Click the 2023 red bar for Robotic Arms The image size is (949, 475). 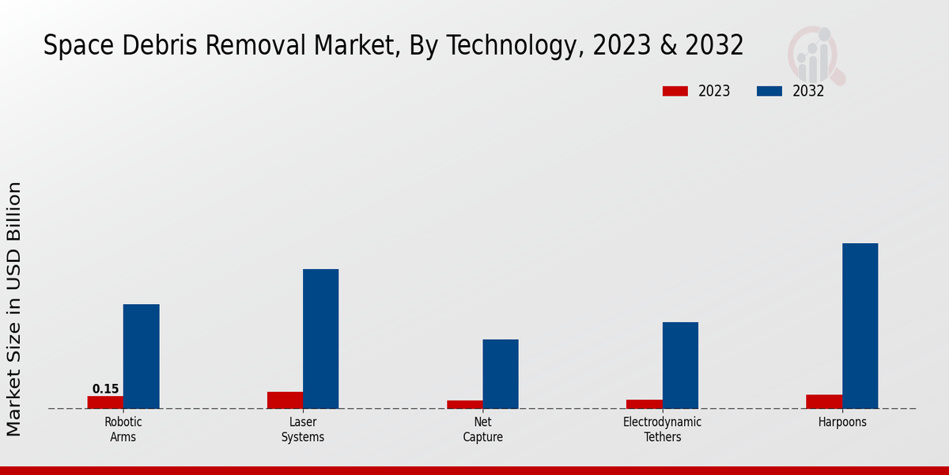click(105, 402)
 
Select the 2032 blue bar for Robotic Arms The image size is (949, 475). click(141, 356)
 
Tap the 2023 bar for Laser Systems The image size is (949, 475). click(285, 400)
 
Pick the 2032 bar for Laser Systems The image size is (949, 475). click(320, 339)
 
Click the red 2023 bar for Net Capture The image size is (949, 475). click(464, 405)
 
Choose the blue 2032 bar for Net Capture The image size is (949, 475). click(501, 374)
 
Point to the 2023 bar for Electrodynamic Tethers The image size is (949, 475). click(644, 404)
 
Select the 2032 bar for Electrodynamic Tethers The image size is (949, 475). click(680, 365)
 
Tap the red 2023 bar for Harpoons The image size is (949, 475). click(824, 401)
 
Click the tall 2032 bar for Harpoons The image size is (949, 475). click(860, 325)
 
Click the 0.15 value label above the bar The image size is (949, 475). click(105, 389)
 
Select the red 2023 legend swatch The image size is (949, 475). click(675, 91)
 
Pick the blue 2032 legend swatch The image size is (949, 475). click(769, 91)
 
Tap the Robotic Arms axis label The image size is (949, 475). click(123, 429)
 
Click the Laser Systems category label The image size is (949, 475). click(303, 429)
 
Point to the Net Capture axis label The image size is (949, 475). click(482, 429)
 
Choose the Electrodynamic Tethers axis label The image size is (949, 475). click(662, 429)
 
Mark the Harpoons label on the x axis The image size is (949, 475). click(842, 422)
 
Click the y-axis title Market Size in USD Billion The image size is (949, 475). click(14, 309)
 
